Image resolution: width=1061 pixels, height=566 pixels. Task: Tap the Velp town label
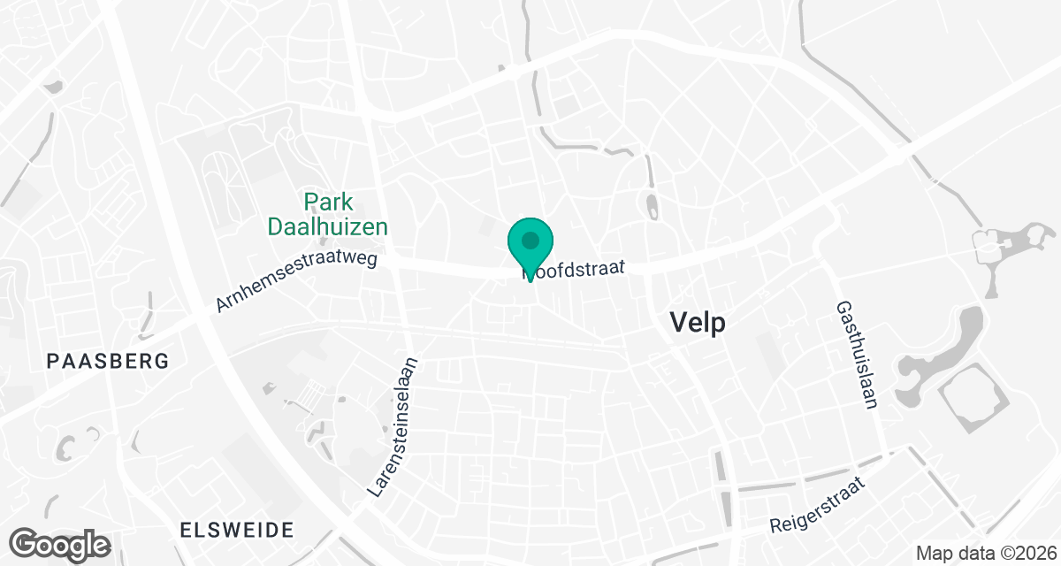(698, 323)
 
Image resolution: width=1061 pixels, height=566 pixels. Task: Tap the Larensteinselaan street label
(395, 425)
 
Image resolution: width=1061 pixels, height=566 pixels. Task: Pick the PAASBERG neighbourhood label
(108, 361)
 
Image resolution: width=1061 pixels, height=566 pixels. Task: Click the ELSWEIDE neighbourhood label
(236, 530)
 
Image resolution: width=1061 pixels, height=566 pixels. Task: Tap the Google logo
(61, 544)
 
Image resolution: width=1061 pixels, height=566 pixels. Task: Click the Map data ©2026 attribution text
(986, 554)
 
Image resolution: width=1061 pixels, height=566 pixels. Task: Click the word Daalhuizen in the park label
(328, 226)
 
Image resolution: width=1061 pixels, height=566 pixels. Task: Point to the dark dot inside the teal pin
(530, 240)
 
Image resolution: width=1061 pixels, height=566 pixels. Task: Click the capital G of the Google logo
(26, 543)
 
